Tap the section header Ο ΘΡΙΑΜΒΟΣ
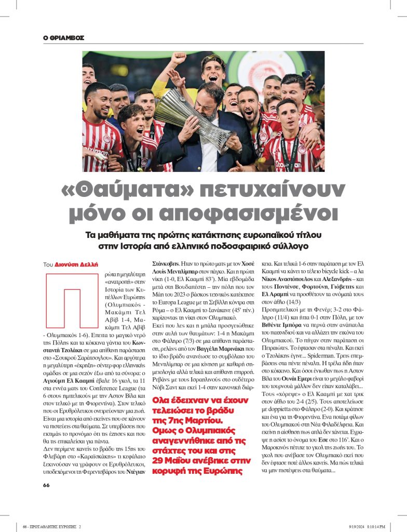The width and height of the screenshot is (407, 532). (x=64, y=38)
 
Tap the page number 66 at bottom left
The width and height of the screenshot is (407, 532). (x=46, y=484)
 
